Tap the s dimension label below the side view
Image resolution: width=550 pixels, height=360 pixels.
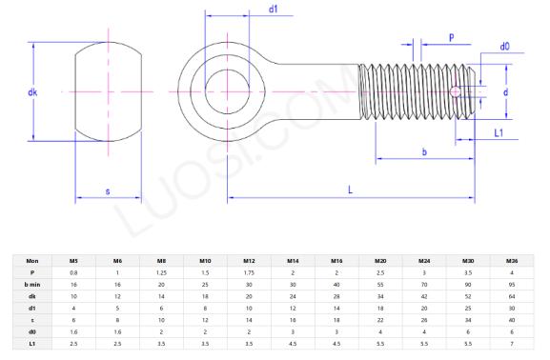107,191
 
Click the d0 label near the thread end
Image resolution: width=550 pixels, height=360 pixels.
504,47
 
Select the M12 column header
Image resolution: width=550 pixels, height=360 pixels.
248,259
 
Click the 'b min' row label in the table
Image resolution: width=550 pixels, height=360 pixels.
32,284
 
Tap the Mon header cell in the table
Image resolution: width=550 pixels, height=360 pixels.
32,259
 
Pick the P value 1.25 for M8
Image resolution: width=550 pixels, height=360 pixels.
161,271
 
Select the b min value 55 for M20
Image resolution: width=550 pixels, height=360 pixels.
380,284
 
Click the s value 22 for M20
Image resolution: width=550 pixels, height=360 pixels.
380,319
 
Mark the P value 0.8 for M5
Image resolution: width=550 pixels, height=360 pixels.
73,271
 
